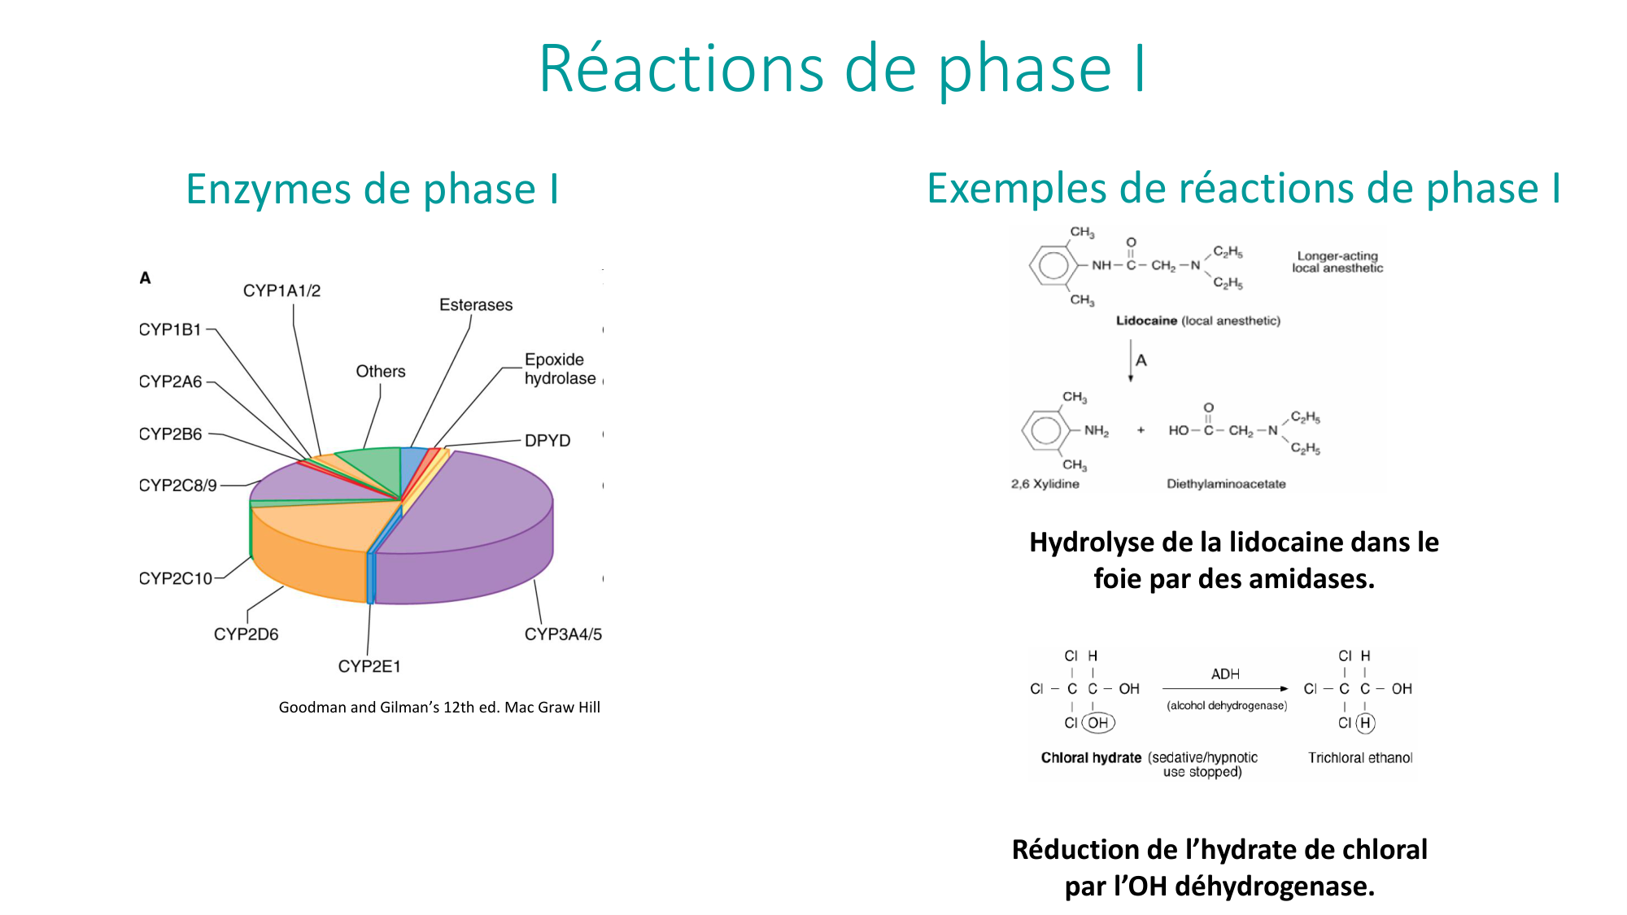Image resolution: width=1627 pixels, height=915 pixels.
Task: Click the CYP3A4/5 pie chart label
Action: coord(563,634)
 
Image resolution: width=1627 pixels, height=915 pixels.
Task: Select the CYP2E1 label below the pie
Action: coord(369,667)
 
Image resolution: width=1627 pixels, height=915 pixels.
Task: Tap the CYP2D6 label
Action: coord(246,634)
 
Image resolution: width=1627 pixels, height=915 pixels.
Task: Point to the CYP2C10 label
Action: coord(176,578)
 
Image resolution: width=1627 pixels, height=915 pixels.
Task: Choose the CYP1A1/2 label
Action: coord(281,291)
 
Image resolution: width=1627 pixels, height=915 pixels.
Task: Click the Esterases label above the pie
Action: coord(476,305)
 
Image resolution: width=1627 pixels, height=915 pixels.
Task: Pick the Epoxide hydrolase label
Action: coord(560,369)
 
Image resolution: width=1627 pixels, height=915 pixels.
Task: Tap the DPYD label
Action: coord(547,441)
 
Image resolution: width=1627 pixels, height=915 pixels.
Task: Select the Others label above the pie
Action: coord(380,372)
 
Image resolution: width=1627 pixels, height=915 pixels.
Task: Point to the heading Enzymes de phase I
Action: coord(372,190)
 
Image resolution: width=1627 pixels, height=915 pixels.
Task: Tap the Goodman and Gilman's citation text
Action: coord(439,708)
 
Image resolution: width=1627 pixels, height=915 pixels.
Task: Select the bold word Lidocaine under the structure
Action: coord(1146,321)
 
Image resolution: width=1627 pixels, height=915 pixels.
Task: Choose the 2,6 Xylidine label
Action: coord(1045,484)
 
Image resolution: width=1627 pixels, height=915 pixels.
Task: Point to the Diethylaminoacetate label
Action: coord(1226,484)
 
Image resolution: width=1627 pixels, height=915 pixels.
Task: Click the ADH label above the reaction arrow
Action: coord(1225,674)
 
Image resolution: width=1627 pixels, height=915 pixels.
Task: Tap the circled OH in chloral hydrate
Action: coord(1098,722)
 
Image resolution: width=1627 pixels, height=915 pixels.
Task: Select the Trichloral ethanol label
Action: coord(1360,758)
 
